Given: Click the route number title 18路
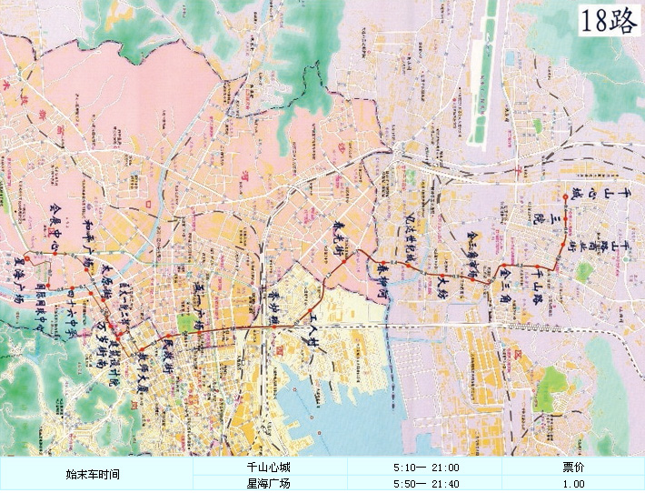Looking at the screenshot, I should coord(610,20).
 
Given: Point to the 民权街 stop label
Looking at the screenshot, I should coord(167,350).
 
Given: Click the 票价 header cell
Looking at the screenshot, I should coord(573,467).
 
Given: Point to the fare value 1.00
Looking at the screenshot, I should coord(573,484).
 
